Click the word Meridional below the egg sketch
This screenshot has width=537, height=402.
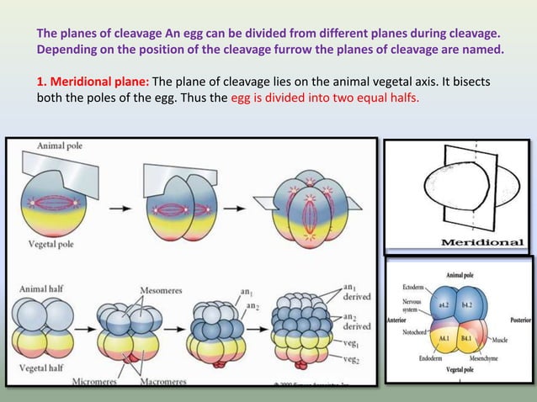482,242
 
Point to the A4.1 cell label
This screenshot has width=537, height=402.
445,338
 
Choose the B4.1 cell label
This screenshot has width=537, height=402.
467,338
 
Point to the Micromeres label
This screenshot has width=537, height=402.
92,382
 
